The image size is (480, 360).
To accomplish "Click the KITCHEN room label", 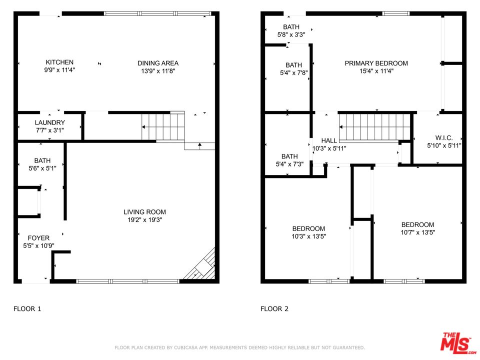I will click(59, 62).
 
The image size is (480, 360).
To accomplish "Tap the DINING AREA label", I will click(158, 63).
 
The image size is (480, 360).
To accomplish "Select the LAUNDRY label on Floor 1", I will click(49, 122).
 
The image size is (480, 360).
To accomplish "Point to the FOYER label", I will click(38, 238).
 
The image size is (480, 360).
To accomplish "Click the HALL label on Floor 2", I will click(329, 140).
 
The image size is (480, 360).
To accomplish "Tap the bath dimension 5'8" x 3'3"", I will click(291, 35).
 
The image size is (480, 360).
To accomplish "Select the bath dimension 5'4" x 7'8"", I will click(293, 72).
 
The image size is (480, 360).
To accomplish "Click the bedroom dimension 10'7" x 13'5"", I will click(417, 232).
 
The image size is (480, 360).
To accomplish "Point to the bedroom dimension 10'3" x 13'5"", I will click(308, 236).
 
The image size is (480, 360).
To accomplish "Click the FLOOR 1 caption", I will click(27, 308).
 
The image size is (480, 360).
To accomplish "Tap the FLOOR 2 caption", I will click(274, 308).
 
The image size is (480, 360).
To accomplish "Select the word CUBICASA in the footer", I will click(180, 347).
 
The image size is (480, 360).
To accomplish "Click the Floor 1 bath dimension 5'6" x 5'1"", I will click(42, 168).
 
